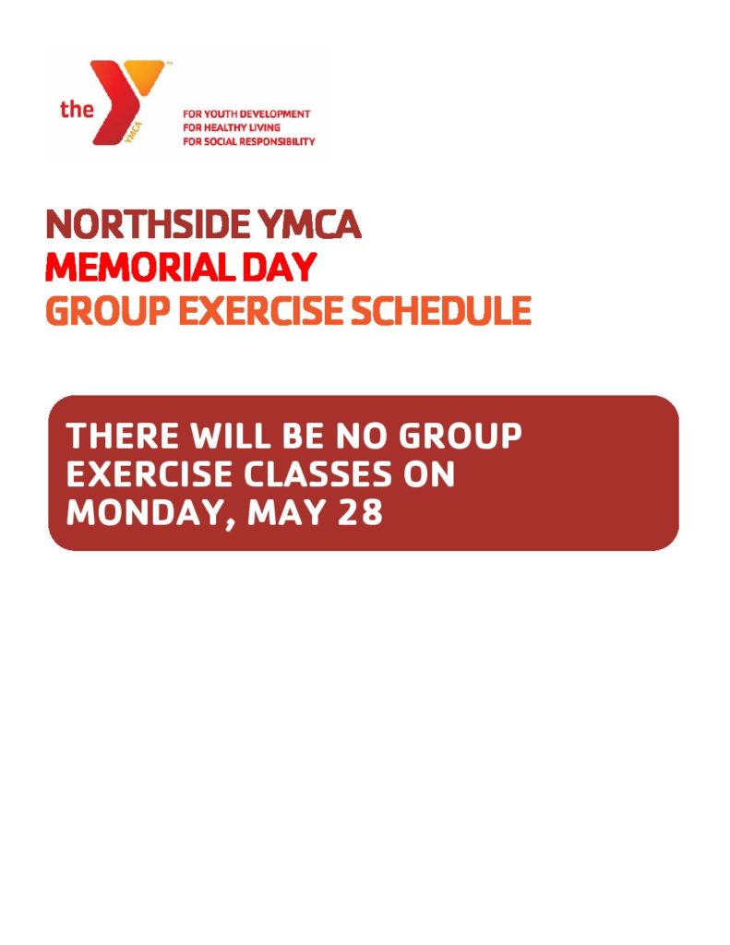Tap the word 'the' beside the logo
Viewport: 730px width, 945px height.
(x=77, y=109)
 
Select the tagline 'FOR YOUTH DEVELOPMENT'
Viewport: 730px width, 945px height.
(x=246, y=114)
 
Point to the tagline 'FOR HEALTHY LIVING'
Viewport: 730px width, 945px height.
(x=232, y=127)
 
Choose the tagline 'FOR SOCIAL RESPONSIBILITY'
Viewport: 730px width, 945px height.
(x=249, y=141)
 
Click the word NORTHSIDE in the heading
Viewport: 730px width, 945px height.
(x=149, y=224)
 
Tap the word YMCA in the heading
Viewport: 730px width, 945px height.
(x=309, y=224)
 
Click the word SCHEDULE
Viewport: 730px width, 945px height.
(x=440, y=311)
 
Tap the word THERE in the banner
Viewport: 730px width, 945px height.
(x=123, y=436)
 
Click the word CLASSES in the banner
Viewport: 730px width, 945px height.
(x=317, y=474)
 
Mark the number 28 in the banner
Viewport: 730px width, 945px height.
(x=359, y=513)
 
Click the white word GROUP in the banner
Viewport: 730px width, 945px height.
(x=461, y=436)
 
